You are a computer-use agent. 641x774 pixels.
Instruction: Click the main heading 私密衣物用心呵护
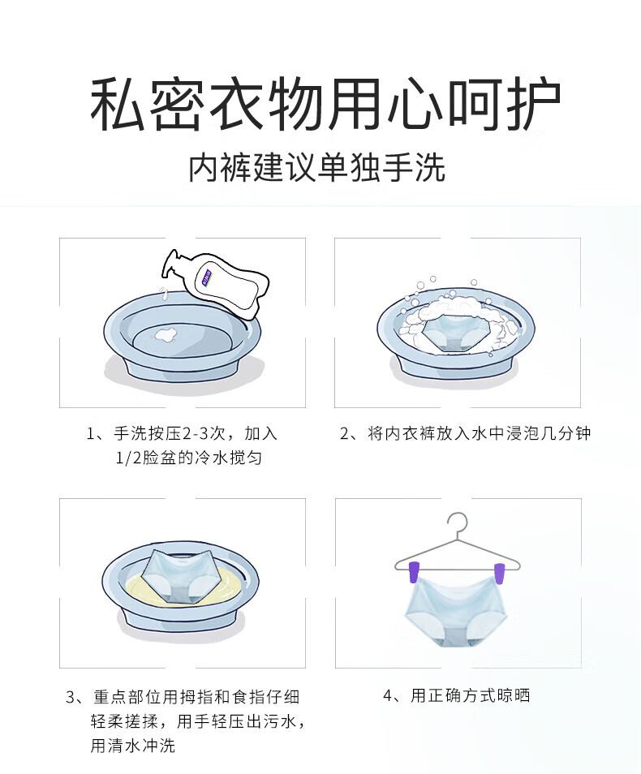pos(325,105)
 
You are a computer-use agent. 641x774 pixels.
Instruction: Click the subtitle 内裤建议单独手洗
pos(317,169)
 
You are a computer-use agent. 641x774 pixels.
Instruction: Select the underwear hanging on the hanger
pos(458,617)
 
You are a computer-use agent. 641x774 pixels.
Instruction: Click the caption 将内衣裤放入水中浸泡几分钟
pos(479,434)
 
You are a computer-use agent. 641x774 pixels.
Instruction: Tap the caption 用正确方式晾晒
pos(470,695)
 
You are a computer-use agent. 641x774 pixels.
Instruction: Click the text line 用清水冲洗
pos(132,746)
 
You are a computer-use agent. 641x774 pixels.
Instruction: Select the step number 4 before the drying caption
pos(388,695)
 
